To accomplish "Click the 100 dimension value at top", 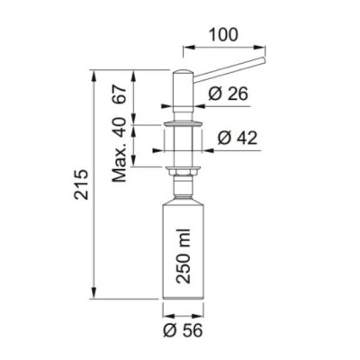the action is (223, 34).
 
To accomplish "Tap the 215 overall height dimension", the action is (82, 184).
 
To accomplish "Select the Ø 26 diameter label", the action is (229, 94).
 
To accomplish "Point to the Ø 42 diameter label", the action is (238, 138).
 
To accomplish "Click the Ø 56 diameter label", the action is (183, 330).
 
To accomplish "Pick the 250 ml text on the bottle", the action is (184, 256).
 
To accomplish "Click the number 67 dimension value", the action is (119, 94).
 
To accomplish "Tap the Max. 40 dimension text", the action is (120, 149).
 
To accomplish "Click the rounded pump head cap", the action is (184, 75).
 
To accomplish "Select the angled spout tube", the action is (229, 69).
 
